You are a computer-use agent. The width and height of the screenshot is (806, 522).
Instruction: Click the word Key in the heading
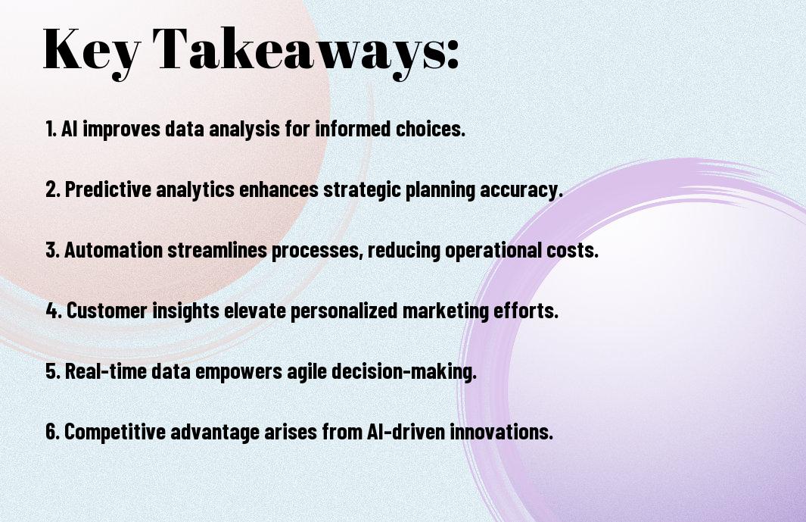click(x=91, y=51)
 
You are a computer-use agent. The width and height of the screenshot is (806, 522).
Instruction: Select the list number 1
click(x=51, y=129)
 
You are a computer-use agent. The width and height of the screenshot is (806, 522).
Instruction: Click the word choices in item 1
click(x=430, y=129)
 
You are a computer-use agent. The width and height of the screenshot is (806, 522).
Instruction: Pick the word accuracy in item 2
click(x=521, y=190)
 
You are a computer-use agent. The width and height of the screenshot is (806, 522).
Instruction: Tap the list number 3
click(x=52, y=250)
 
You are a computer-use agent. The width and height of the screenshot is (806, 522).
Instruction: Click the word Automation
click(x=114, y=250)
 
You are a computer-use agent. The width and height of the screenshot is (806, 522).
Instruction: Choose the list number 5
click(x=53, y=371)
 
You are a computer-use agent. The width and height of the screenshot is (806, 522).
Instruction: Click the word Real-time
click(x=106, y=370)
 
